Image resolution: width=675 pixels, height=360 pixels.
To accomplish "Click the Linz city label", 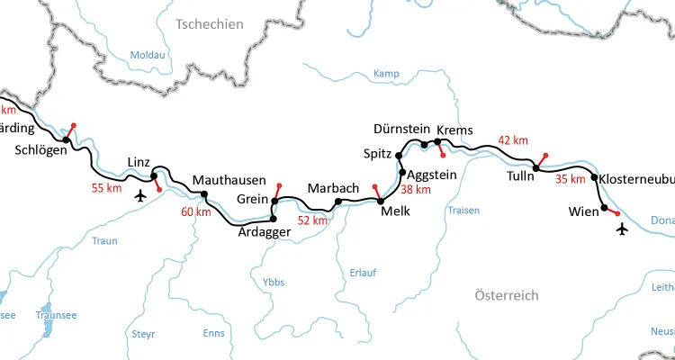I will pyautogui.click(x=139, y=161).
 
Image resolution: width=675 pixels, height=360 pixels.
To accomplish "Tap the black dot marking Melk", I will pyautogui.click(x=381, y=201).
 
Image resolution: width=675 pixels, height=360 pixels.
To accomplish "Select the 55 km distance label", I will pyautogui.click(x=106, y=188).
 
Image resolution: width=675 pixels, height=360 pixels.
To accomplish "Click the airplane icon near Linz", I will pyautogui.click(x=139, y=195).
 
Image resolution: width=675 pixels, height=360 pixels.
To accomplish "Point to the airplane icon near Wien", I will pyautogui.click(x=622, y=229).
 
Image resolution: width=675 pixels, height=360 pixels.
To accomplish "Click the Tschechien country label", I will pyautogui.click(x=210, y=24).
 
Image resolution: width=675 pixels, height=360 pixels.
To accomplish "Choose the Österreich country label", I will pyautogui.click(x=506, y=295).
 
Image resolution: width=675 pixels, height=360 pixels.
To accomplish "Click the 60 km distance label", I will pyautogui.click(x=196, y=212).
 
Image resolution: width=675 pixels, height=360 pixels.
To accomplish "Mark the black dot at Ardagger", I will pyautogui.click(x=274, y=218).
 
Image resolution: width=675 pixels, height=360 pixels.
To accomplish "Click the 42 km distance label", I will pyautogui.click(x=513, y=140).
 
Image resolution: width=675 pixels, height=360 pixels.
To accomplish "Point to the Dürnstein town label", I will pyautogui.click(x=401, y=130).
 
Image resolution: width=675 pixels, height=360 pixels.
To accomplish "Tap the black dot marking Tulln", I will pyautogui.click(x=535, y=167).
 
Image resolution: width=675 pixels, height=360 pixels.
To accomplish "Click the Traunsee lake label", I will pyautogui.click(x=56, y=316).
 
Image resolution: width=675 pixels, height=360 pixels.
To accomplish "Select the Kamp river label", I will pyautogui.click(x=385, y=73).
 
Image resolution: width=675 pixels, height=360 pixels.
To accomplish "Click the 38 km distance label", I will pyautogui.click(x=416, y=190).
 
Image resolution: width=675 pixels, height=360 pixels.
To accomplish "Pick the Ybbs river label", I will pyautogui.click(x=273, y=282).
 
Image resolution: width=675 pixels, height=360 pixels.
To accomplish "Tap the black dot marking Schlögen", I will pyautogui.click(x=66, y=139).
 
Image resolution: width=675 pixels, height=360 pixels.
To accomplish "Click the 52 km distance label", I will pyautogui.click(x=313, y=220).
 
